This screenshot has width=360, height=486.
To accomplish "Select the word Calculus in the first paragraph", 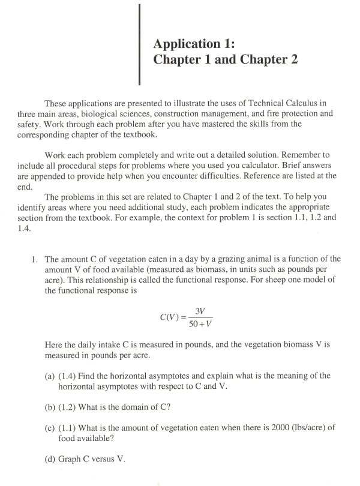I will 306,103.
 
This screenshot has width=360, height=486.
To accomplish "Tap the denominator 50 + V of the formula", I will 200,325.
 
